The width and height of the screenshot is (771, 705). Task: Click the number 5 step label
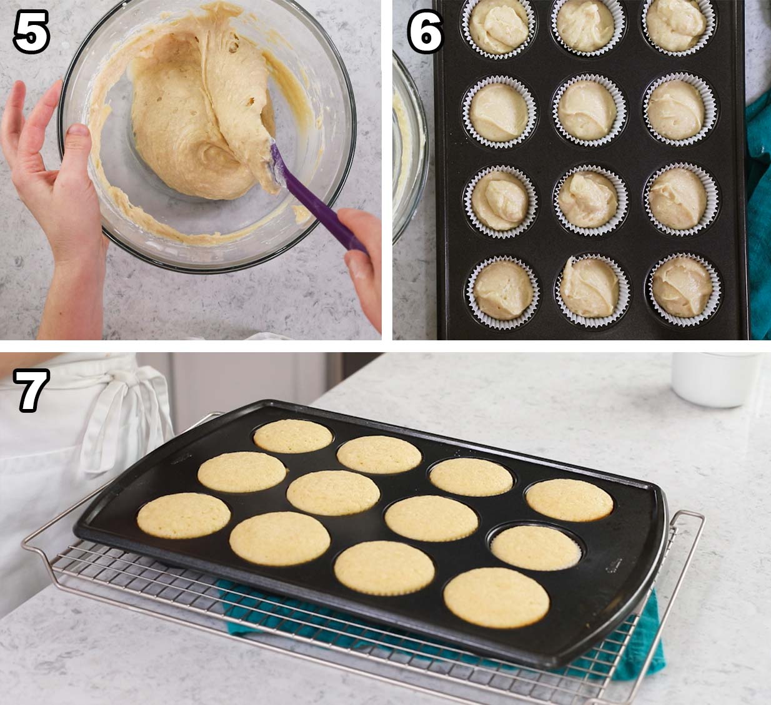31,31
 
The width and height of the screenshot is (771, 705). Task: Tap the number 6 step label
425,31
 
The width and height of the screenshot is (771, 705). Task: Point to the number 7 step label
31,390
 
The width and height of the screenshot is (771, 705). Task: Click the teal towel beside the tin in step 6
759,215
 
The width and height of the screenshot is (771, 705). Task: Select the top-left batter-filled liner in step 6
499,28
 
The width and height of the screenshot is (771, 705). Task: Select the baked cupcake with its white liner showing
536,547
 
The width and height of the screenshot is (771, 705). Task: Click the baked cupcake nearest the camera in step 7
496,598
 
